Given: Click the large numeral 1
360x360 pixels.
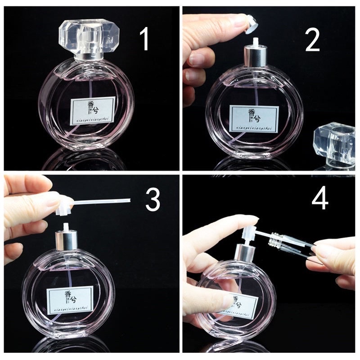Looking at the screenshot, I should [x=144, y=40].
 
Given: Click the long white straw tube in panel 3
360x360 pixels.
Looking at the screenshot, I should [x=101, y=201].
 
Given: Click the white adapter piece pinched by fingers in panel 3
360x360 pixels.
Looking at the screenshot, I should [x=64, y=205].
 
